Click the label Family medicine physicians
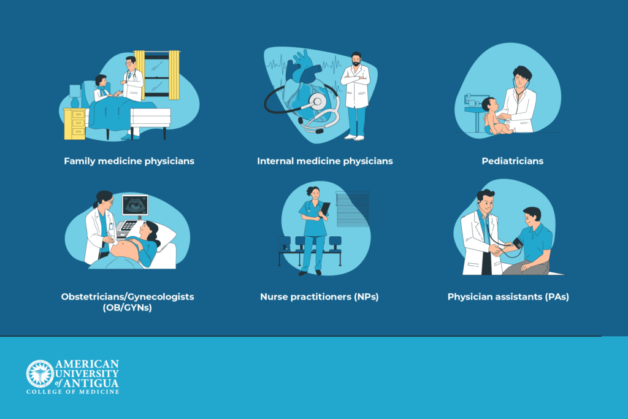click(129, 161)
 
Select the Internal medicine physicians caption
click(324, 161)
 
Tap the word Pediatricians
click(512, 161)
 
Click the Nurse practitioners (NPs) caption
click(319, 297)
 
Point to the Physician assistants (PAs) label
click(508, 297)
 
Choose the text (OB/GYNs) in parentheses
click(128, 308)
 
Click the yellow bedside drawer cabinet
click(75, 123)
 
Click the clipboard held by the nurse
click(325, 209)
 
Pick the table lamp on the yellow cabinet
click(75, 95)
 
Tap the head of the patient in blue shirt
click(532, 215)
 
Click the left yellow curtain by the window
click(140, 74)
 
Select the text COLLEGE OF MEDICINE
click(72, 391)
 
